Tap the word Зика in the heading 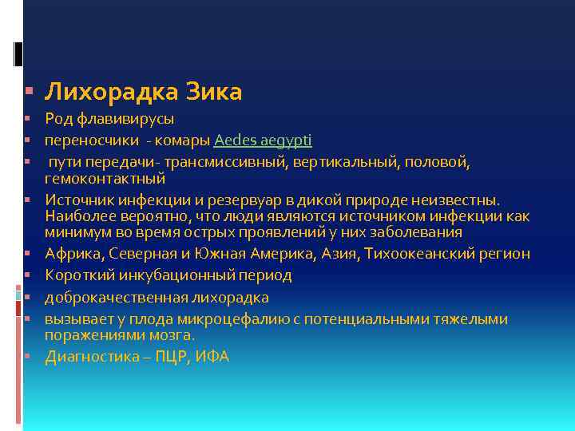coord(213,93)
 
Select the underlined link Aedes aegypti coord(263,140)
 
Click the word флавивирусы coord(124,119)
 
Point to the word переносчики coord(83,140)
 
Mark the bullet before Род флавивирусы coord(27,119)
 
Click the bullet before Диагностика coord(27,357)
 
